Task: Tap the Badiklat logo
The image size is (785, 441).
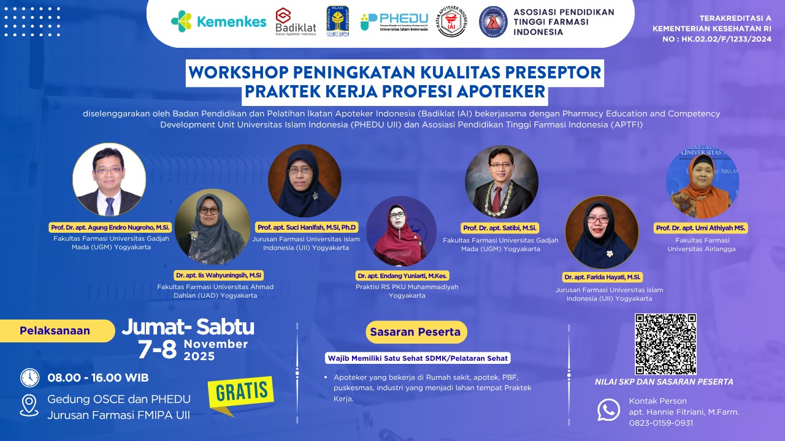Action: [296, 22]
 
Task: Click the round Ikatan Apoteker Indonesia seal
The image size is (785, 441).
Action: [451, 22]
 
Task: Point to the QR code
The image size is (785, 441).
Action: [665, 344]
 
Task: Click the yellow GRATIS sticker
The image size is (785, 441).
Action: [241, 393]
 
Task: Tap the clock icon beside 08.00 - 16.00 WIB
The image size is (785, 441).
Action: [29, 377]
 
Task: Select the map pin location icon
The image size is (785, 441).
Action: [29, 406]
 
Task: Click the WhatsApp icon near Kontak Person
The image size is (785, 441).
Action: [608, 410]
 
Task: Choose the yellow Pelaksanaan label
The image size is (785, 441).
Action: [56, 331]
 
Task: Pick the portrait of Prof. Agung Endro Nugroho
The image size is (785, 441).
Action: [109, 179]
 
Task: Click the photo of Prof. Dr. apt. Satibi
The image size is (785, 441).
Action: [501, 182]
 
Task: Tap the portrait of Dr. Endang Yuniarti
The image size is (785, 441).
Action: [400, 232]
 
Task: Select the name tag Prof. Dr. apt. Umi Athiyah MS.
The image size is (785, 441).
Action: [700, 228]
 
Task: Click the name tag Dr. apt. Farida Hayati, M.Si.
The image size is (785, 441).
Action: [602, 277]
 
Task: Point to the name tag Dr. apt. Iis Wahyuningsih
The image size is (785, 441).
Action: [218, 276]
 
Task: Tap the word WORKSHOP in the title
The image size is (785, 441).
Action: [237, 72]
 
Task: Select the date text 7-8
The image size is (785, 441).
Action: [157, 349]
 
